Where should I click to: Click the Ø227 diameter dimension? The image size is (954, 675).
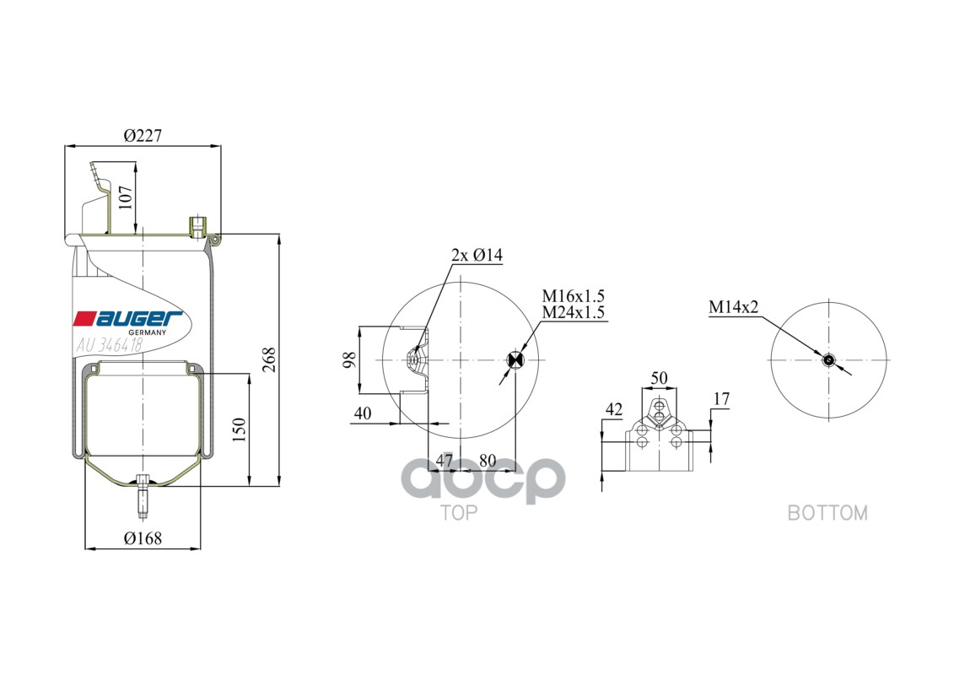[x=142, y=135]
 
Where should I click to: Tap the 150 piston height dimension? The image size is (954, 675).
[x=239, y=430]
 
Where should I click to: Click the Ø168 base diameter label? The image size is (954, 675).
[x=143, y=538]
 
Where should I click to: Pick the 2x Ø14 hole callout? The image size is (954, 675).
[x=477, y=255]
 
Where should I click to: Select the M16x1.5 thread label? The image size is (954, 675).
[x=574, y=296]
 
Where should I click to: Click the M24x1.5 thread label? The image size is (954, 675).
[x=574, y=312]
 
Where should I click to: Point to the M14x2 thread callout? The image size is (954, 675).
[x=733, y=308]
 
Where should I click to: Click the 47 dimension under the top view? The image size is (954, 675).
[x=444, y=461]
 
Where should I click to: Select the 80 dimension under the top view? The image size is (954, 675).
[x=488, y=461]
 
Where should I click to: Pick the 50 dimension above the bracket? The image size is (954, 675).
[x=659, y=378]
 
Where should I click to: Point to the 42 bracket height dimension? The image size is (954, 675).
[x=613, y=410]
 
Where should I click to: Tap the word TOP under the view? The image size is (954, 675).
[x=460, y=512]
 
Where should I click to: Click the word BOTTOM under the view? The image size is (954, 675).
[x=827, y=512]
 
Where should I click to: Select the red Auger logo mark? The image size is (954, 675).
[x=84, y=319]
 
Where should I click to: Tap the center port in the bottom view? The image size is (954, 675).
[x=828, y=360]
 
